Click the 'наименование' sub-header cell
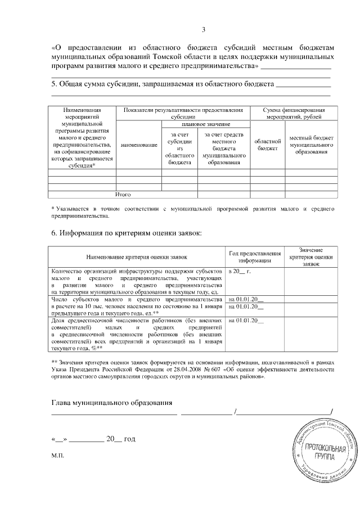138,145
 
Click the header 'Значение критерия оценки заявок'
310,256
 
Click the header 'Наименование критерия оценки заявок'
136,257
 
